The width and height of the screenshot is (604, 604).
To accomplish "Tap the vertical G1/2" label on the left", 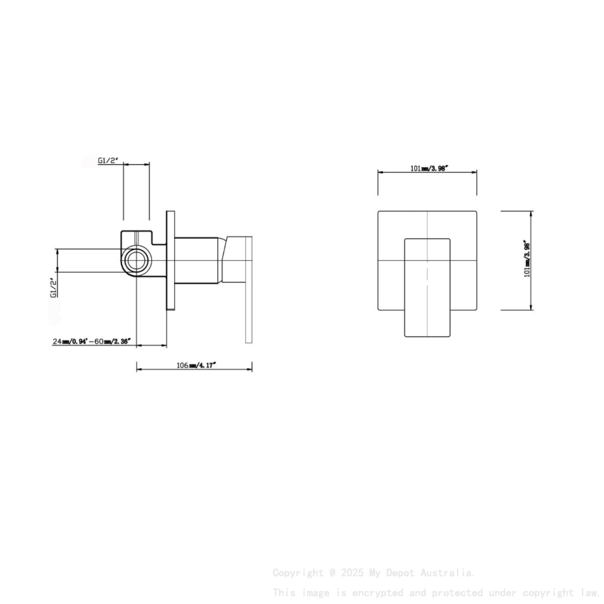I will pyautogui.click(x=53, y=287).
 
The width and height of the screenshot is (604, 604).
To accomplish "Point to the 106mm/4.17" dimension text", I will pyautogui.click(x=196, y=365).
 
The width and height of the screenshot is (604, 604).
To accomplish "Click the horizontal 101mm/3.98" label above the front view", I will pyautogui.click(x=428, y=168).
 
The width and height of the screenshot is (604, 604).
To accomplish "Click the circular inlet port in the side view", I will pyautogui.click(x=135, y=260).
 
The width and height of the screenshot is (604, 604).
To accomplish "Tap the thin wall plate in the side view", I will pyautogui.click(x=170, y=260).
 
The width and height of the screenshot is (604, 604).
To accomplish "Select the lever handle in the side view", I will pyautogui.click(x=248, y=291).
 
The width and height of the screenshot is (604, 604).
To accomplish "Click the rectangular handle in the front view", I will pyautogui.click(x=428, y=288).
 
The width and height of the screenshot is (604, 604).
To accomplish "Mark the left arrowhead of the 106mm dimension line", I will pyautogui.click(x=139, y=369).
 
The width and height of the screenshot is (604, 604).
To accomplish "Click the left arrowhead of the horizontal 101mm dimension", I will pyautogui.click(x=379, y=173).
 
